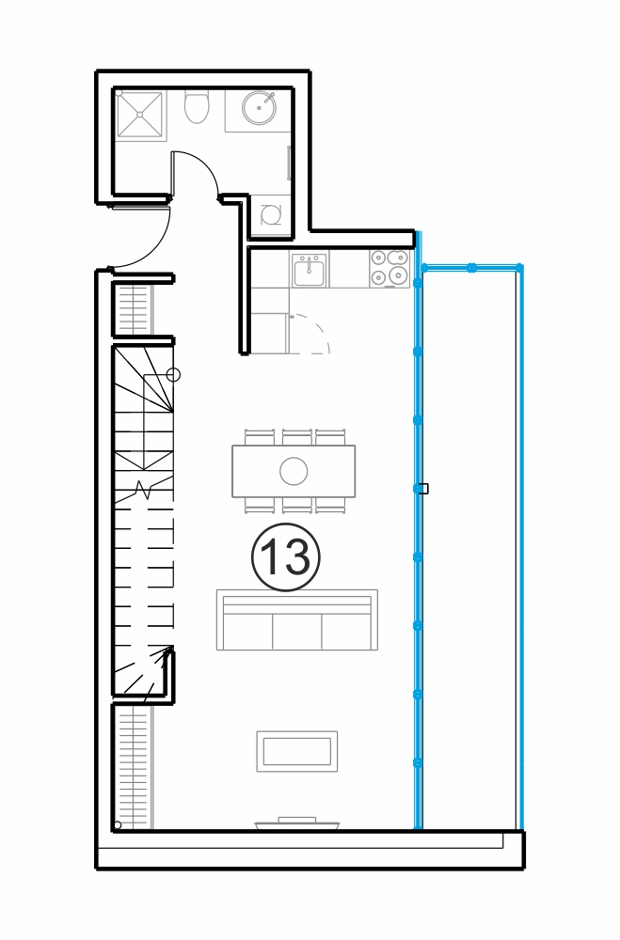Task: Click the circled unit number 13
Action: pos(286,556)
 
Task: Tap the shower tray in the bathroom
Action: pos(140,114)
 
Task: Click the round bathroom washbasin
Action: pos(260,108)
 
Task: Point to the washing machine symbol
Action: pos(271,214)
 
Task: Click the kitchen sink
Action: pos(310,270)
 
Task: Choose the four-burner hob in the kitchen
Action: pos(389,267)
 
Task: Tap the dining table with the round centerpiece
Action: pos(294,471)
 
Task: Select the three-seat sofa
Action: pos(297,619)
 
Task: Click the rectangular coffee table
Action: pos(297,751)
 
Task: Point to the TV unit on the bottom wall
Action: pos(297,823)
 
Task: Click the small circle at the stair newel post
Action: pos(173,375)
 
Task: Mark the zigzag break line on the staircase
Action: pos(144,489)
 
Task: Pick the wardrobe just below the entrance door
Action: pos(134,309)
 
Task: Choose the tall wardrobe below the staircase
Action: pos(134,768)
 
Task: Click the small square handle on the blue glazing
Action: pos(423,489)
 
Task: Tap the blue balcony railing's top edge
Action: pos(471,267)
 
